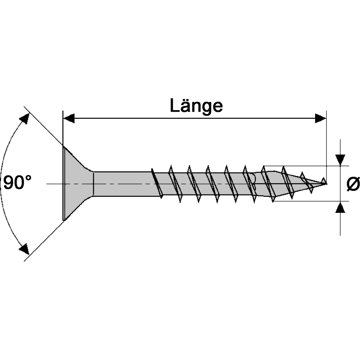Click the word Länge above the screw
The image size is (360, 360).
(x=196, y=107)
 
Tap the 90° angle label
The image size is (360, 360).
(x=17, y=183)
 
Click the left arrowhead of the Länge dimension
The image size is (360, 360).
(x=69, y=118)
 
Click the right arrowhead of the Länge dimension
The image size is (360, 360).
(x=320, y=118)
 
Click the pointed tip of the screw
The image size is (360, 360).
(x=326, y=184)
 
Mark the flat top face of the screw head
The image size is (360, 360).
(x=64, y=184)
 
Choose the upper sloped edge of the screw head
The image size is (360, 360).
(x=78, y=159)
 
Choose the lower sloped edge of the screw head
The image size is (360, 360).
(x=78, y=208)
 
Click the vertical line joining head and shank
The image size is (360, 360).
(x=94, y=184)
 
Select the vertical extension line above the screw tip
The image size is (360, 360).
(x=326, y=147)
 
